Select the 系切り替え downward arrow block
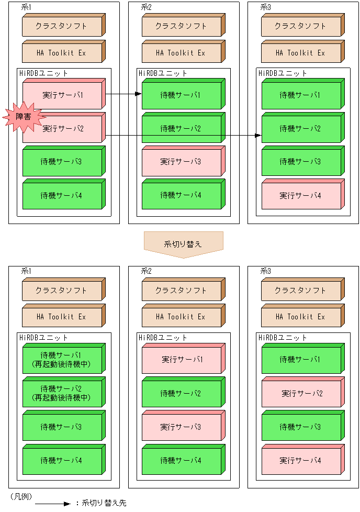(183, 244)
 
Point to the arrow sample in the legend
(52, 504)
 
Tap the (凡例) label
(19, 495)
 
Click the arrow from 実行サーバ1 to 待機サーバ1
(123, 94)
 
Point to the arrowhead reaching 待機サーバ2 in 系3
(258, 136)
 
